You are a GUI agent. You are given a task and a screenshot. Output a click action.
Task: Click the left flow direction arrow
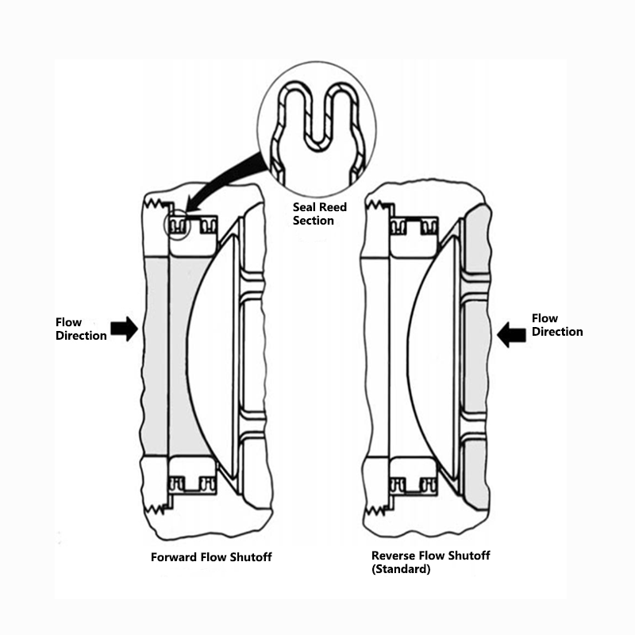pos(124,329)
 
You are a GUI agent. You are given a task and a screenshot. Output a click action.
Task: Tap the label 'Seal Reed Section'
pos(319,214)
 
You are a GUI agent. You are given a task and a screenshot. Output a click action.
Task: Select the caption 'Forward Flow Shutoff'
pos(211,557)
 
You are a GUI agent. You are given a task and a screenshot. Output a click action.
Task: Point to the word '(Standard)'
pos(401,569)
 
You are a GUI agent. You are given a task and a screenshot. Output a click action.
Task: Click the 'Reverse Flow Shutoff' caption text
pos(430,556)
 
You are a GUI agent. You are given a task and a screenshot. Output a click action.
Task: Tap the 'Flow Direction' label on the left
pos(81,329)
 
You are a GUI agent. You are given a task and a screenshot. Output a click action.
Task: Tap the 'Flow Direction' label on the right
pos(557,325)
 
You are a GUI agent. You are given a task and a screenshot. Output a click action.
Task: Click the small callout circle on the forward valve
pos(177,225)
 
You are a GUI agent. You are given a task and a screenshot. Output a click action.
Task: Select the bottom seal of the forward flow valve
pos(191,482)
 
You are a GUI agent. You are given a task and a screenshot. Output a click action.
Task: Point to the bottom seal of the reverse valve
pos(413,482)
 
